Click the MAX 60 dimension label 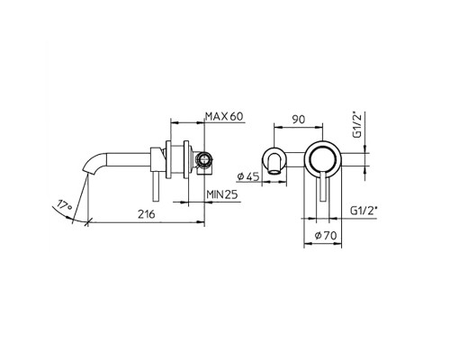coord(224,116)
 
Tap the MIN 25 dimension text coord(222,194)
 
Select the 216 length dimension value coord(147,214)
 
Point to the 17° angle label coord(64,205)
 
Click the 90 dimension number coord(299,120)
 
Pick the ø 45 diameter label coord(247,176)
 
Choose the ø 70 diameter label coord(326,236)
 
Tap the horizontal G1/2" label coord(364,211)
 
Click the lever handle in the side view coord(157,186)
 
